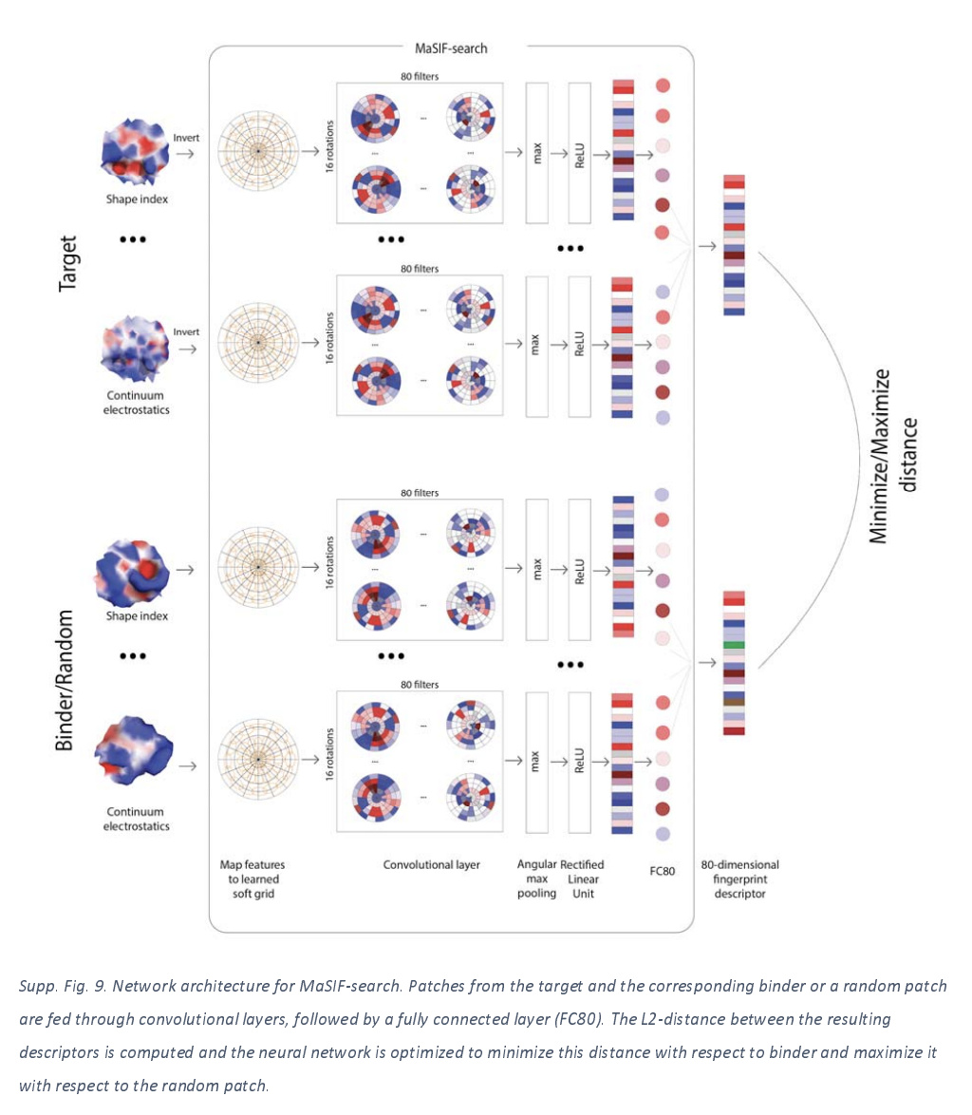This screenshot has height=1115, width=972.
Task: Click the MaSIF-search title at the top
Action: point(451,47)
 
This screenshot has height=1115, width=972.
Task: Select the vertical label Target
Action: point(67,263)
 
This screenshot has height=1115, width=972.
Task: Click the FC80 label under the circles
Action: point(662,871)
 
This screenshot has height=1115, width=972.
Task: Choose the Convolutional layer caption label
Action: point(431,865)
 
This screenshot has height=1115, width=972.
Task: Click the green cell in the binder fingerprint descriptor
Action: point(734,645)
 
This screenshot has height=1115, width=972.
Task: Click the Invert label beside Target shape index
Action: point(186,139)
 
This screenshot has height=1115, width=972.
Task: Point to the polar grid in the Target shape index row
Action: point(256,151)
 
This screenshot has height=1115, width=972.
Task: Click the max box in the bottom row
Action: point(537,761)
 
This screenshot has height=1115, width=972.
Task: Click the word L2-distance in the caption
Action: point(671,1019)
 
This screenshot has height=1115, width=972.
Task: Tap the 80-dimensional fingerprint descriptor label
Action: point(739,879)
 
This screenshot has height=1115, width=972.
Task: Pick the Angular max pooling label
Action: point(536,879)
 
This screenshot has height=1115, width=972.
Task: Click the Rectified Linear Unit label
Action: point(582,879)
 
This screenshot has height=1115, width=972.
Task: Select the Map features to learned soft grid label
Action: point(252,879)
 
